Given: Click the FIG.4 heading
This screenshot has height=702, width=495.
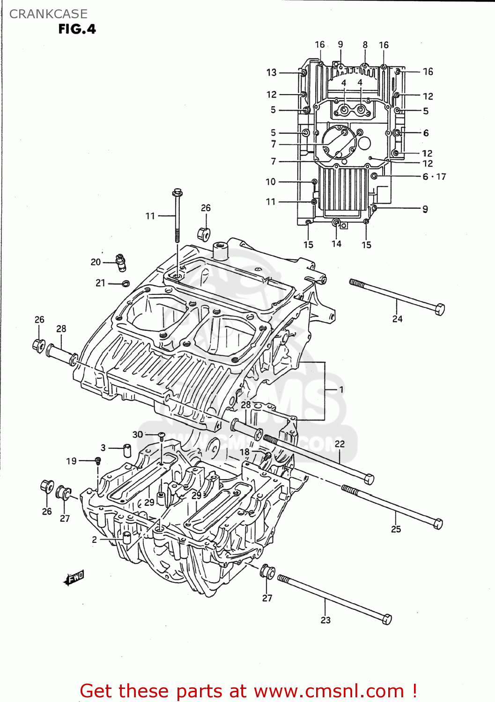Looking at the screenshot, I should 77,29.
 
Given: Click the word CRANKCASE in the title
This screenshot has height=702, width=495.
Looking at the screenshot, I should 48,14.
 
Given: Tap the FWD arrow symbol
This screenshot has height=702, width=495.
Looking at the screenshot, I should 74,578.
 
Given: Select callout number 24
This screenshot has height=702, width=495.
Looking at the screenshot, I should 397,319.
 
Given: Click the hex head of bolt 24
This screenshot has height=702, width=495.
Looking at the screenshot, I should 439,309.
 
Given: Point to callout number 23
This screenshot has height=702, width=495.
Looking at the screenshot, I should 325,620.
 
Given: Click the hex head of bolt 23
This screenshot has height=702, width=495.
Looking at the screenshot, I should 386,619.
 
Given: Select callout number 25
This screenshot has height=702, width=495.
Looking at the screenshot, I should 396,529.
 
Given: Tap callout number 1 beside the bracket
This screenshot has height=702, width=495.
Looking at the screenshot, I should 341,389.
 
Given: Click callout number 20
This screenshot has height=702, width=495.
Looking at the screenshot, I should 96,262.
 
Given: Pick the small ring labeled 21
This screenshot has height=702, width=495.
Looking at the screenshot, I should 125,283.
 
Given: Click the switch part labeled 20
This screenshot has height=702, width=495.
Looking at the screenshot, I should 121,263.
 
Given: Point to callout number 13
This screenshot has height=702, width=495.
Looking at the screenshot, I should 272,73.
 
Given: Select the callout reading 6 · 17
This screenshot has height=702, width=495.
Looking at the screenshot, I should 434,176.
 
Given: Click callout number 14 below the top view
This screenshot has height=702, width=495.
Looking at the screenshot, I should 336,244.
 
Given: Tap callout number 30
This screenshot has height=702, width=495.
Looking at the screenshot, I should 138,434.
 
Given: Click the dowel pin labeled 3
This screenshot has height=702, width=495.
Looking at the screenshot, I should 127,450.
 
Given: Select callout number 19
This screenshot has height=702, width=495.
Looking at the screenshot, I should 71,461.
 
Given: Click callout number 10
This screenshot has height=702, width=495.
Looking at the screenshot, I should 271,182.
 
